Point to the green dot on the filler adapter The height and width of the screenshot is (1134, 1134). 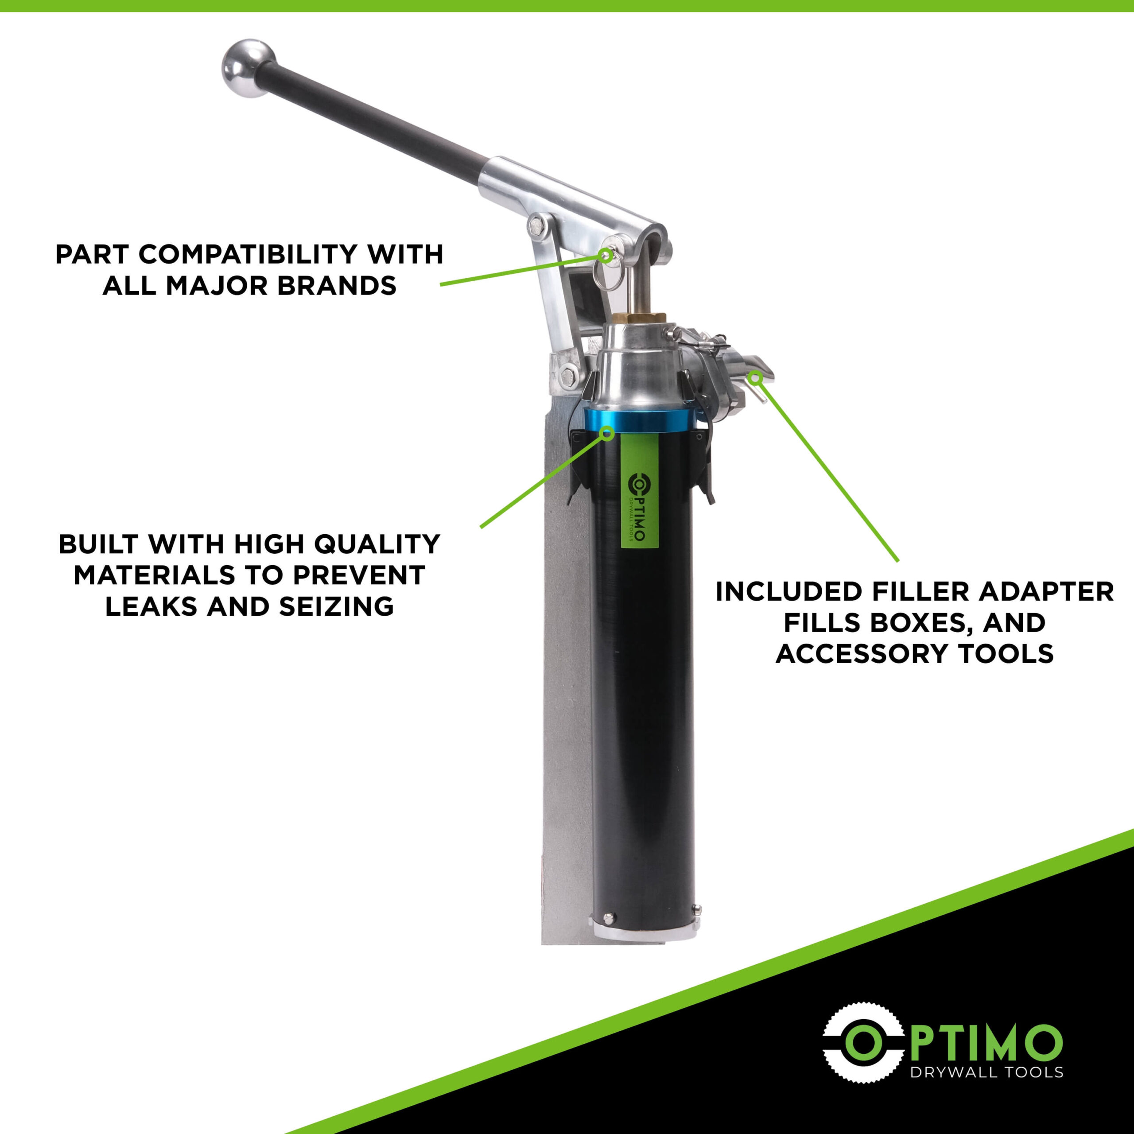click(756, 376)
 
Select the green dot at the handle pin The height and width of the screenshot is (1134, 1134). click(605, 254)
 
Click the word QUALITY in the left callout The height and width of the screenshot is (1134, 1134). click(377, 544)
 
